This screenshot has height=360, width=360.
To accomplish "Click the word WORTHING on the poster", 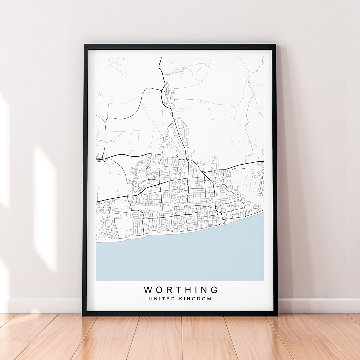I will (x=181, y=290).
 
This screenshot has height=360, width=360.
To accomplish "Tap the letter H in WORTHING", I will (x=187, y=290).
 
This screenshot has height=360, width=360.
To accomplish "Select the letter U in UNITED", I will (x=151, y=299).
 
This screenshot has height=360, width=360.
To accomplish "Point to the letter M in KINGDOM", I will (x=209, y=299).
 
